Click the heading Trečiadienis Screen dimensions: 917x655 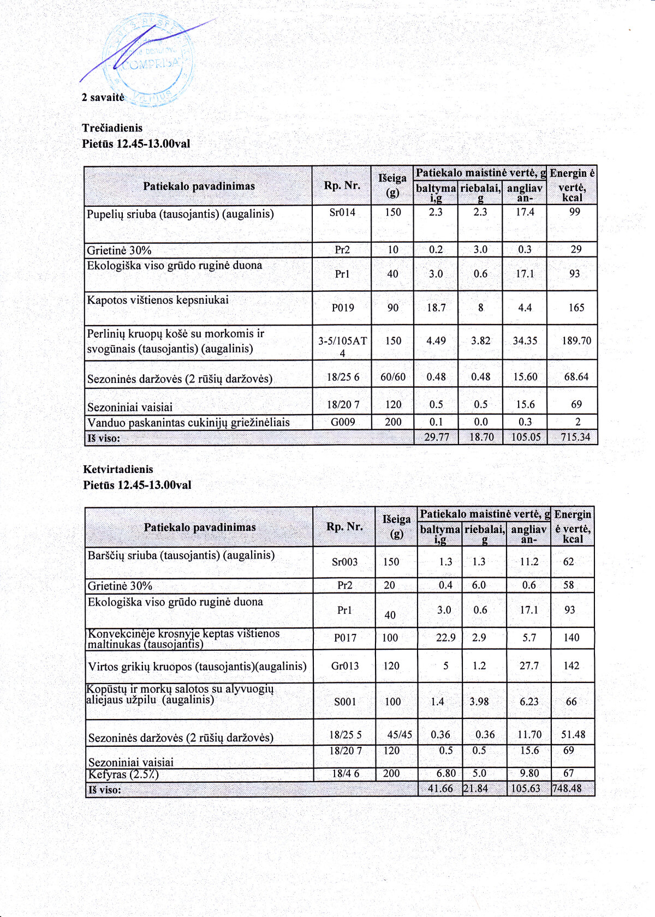pos(112,128)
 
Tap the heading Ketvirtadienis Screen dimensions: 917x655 pos(118,469)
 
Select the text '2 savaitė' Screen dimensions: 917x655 pos(103,97)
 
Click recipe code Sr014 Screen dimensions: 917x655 pos(342,212)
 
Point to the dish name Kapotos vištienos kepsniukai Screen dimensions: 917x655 pos(158,300)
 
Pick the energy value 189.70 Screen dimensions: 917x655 pos(576,341)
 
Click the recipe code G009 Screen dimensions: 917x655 pos(343,422)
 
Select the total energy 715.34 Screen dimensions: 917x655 pos(575,437)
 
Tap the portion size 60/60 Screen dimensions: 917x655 pos(393,377)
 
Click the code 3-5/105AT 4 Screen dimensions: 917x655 pos(343,346)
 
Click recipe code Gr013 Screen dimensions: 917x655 pos(345,666)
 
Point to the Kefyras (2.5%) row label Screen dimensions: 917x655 pos(123,774)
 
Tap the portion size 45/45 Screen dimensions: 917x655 pos(400,735)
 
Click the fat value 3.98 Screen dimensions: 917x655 pos(479,702)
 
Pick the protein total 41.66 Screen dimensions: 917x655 pos(440,789)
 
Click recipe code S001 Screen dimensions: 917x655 pos(345,702)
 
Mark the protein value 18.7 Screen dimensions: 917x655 pos(436,308)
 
